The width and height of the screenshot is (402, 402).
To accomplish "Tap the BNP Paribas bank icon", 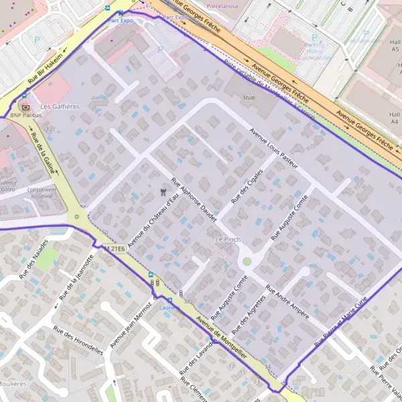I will coord(25,106).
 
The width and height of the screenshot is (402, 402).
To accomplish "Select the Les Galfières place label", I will coord(60,107).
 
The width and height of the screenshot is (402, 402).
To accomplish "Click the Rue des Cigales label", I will coord(247,186).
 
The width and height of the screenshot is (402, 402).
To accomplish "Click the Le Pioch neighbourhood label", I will coord(227,239).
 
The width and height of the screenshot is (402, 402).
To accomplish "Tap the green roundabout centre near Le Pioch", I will coord(247,261).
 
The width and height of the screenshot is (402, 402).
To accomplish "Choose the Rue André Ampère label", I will coord(287,304).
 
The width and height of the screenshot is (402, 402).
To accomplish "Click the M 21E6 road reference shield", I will coord(115,249).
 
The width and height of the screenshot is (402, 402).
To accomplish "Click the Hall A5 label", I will coord(394,46).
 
